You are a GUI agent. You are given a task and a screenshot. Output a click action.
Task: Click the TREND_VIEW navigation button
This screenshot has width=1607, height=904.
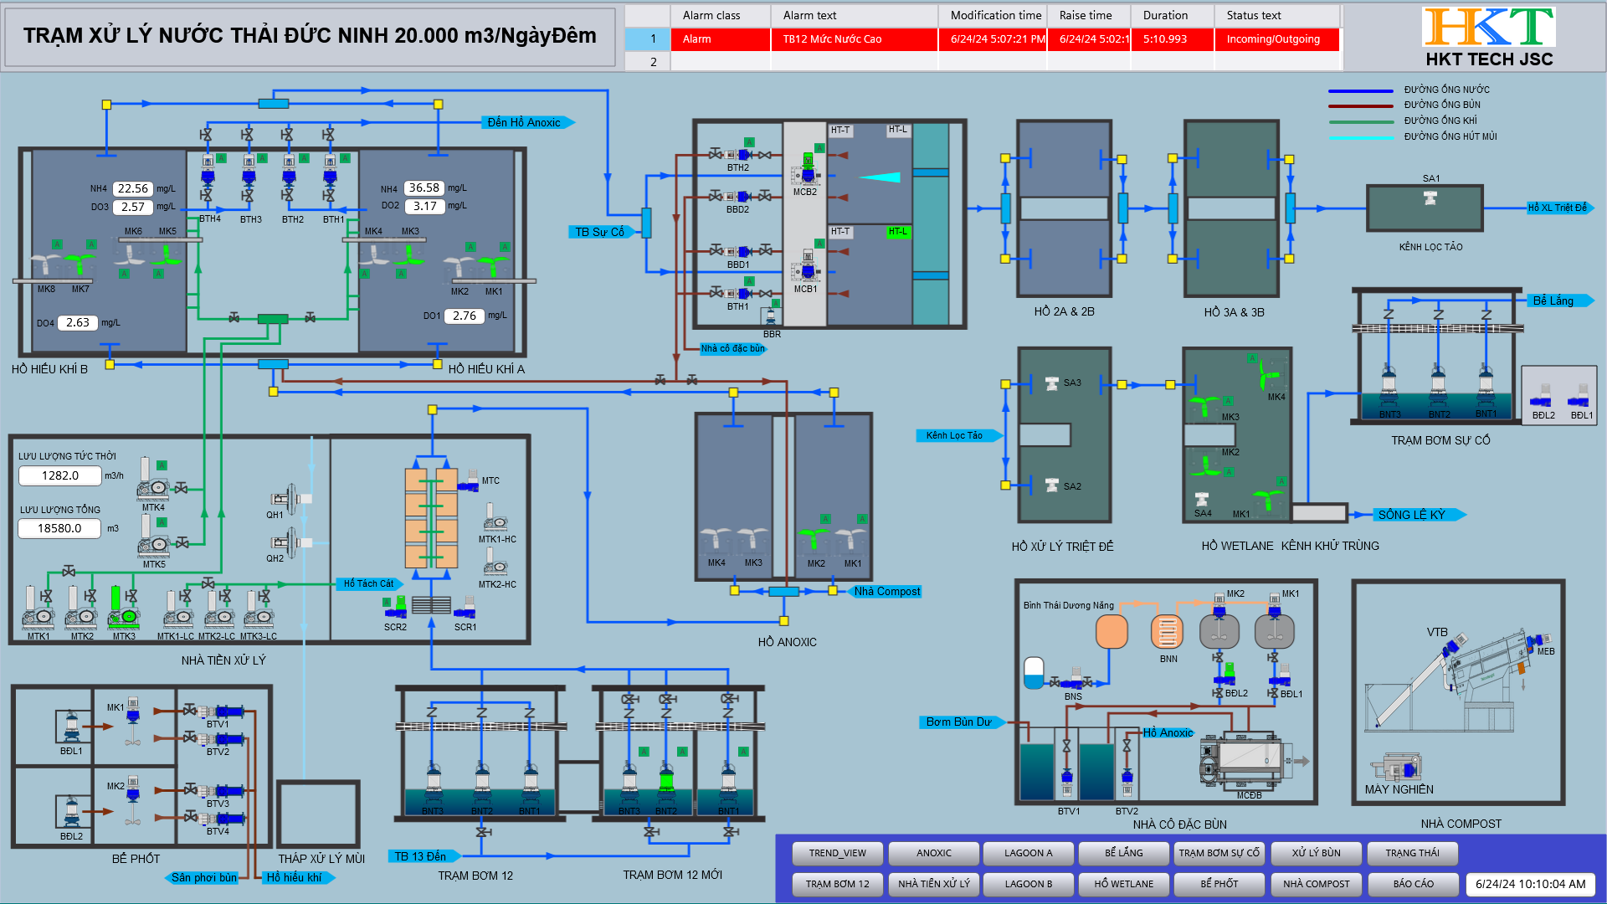click(837, 853)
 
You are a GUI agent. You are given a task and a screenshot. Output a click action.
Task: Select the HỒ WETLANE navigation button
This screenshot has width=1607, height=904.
click(1123, 884)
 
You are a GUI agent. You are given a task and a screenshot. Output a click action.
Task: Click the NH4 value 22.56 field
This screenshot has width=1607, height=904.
click(133, 188)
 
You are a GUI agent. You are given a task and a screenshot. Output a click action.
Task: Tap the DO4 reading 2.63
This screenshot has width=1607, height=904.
click(78, 322)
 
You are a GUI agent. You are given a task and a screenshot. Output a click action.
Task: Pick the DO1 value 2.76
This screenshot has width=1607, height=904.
click(465, 316)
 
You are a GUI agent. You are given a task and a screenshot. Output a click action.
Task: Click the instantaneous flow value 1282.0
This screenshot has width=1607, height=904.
click(60, 475)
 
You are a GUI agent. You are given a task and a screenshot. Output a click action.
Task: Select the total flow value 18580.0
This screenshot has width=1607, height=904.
click(59, 528)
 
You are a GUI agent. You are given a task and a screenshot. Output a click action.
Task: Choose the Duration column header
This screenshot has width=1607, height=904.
click(1165, 15)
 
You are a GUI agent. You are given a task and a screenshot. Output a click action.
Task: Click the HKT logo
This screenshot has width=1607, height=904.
click(1488, 27)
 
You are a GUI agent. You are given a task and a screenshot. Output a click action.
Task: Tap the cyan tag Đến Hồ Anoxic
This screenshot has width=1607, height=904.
click(525, 122)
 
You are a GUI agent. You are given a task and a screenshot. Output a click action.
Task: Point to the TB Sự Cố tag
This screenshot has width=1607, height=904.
click(600, 232)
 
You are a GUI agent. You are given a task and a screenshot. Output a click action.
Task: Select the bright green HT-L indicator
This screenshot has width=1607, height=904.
click(897, 231)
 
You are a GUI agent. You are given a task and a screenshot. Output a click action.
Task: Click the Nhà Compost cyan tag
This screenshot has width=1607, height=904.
click(886, 591)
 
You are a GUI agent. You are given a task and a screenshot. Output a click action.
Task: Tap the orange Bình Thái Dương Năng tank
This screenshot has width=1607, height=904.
click(1112, 632)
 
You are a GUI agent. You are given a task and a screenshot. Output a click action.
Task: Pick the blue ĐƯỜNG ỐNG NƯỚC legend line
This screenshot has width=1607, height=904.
click(1360, 90)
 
